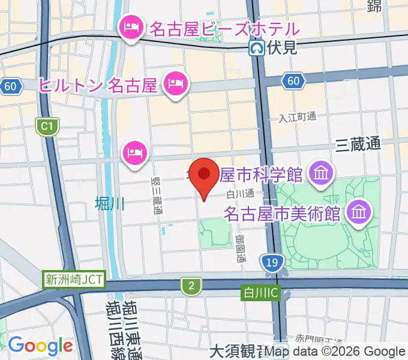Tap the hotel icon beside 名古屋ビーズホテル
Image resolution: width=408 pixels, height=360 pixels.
pyautogui.click(x=130, y=28)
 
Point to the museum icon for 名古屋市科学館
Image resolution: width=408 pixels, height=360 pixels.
pyautogui.click(x=321, y=175)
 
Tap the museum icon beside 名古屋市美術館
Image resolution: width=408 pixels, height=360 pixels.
pyautogui.click(x=360, y=212)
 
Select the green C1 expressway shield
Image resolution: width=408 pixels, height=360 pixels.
pyautogui.click(x=46, y=126)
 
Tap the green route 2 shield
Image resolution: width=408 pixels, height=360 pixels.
pyautogui.click(x=191, y=287)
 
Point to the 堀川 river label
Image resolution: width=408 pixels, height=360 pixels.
pyautogui.click(x=110, y=204)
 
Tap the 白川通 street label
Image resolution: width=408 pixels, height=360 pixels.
pyautogui.click(x=240, y=193)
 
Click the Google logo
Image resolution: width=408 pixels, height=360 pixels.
pyautogui.click(x=40, y=346)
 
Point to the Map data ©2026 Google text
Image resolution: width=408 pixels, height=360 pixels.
pyautogui.click(x=336, y=352)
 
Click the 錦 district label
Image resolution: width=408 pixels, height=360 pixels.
pyautogui.click(x=375, y=6)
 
